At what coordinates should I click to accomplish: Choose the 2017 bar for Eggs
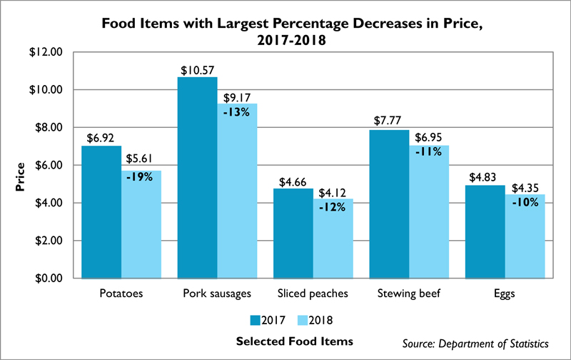click(x=485, y=231)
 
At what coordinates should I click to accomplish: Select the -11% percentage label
click(x=429, y=151)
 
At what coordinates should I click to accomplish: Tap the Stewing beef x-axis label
click(x=409, y=294)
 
